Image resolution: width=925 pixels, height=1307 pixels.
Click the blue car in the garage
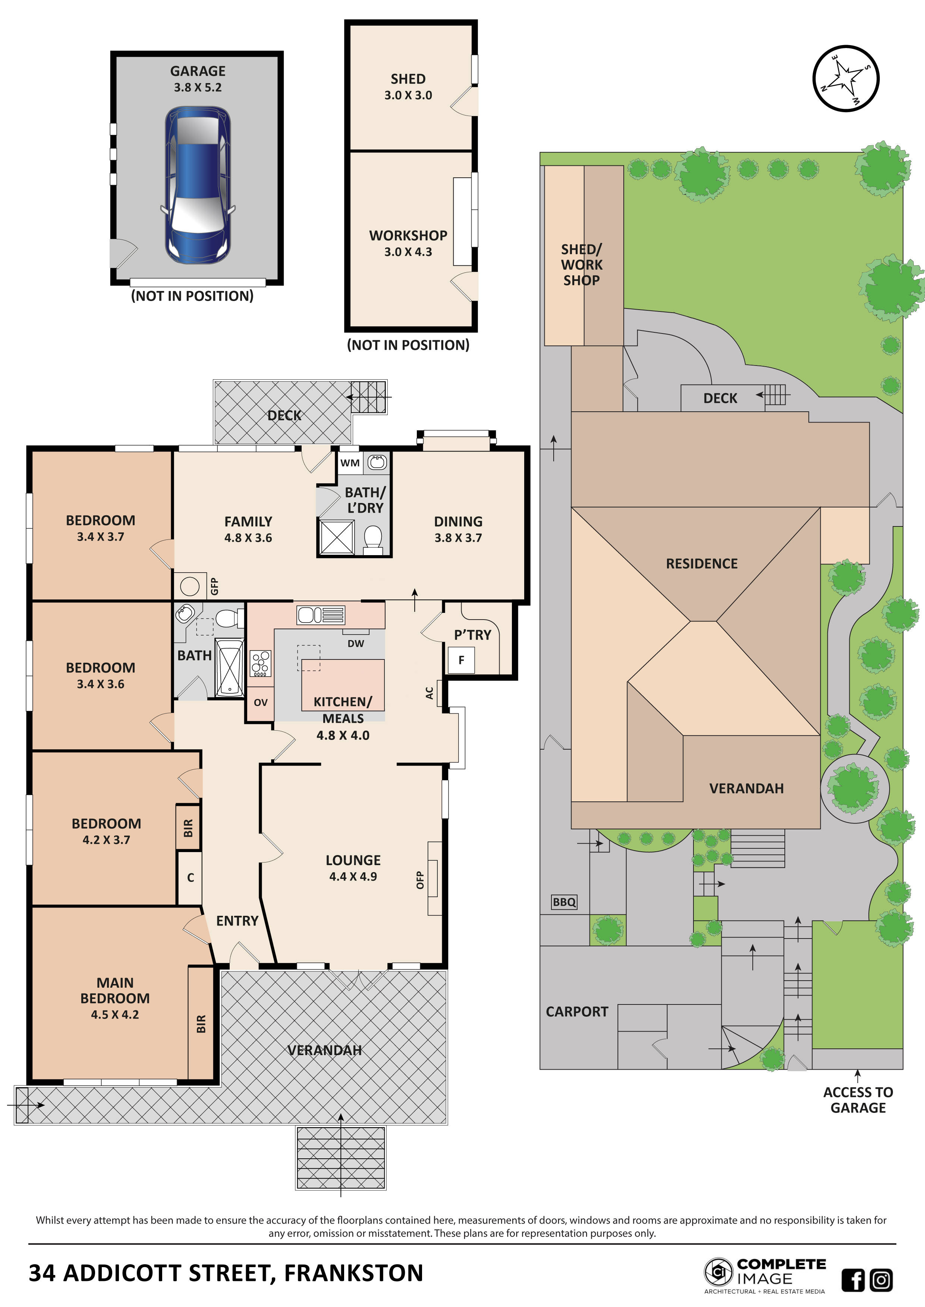tap(198, 185)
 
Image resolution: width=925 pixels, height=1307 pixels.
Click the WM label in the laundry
tap(350, 463)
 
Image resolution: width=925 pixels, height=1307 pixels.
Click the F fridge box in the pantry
tap(461, 660)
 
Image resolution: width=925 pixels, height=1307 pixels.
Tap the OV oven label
tap(260, 702)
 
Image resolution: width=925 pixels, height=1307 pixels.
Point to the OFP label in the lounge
tap(420, 880)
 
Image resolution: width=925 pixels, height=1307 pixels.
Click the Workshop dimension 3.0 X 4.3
tap(408, 251)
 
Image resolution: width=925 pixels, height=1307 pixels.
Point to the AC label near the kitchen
tap(430, 693)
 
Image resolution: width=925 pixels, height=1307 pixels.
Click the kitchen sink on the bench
tap(321, 615)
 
